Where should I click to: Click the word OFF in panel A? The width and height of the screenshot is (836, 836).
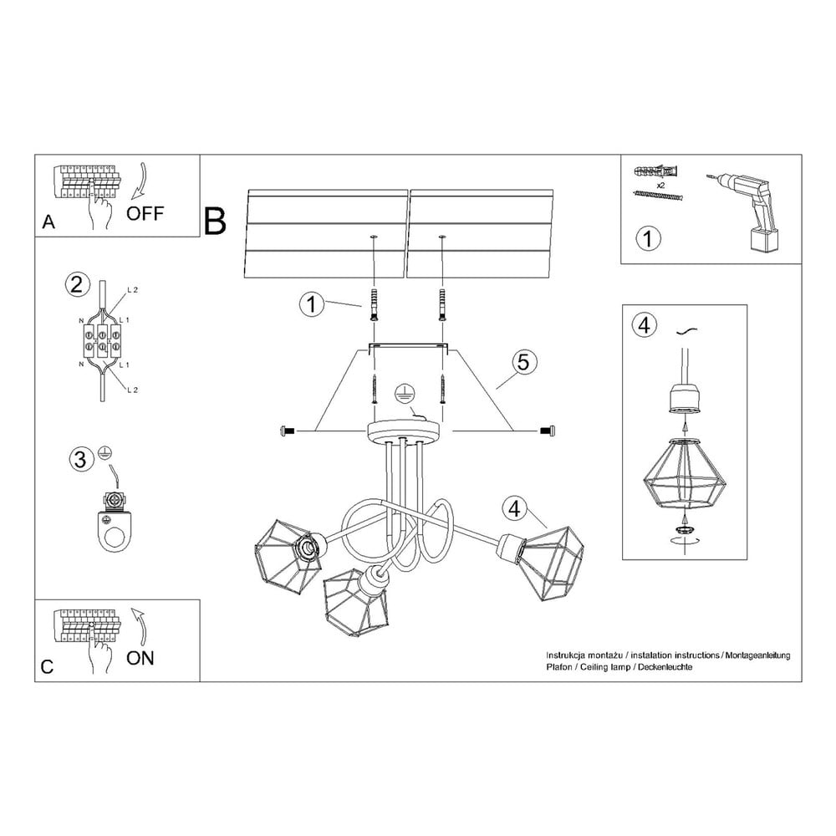[145, 213]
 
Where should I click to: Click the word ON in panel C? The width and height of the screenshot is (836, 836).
[140, 658]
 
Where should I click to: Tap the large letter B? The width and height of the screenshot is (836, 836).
[215, 221]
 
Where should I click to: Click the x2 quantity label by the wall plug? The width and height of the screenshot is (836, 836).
[660, 186]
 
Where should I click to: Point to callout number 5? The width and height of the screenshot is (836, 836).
[523, 362]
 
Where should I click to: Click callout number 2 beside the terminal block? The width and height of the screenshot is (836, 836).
[77, 285]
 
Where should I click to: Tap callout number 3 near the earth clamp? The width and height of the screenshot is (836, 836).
[81, 459]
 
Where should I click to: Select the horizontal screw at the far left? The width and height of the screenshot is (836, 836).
[288, 430]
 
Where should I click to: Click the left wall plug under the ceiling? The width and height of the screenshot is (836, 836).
[373, 304]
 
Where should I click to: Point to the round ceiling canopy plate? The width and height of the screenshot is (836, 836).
[405, 431]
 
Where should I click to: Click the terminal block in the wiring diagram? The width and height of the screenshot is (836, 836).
[100, 340]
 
